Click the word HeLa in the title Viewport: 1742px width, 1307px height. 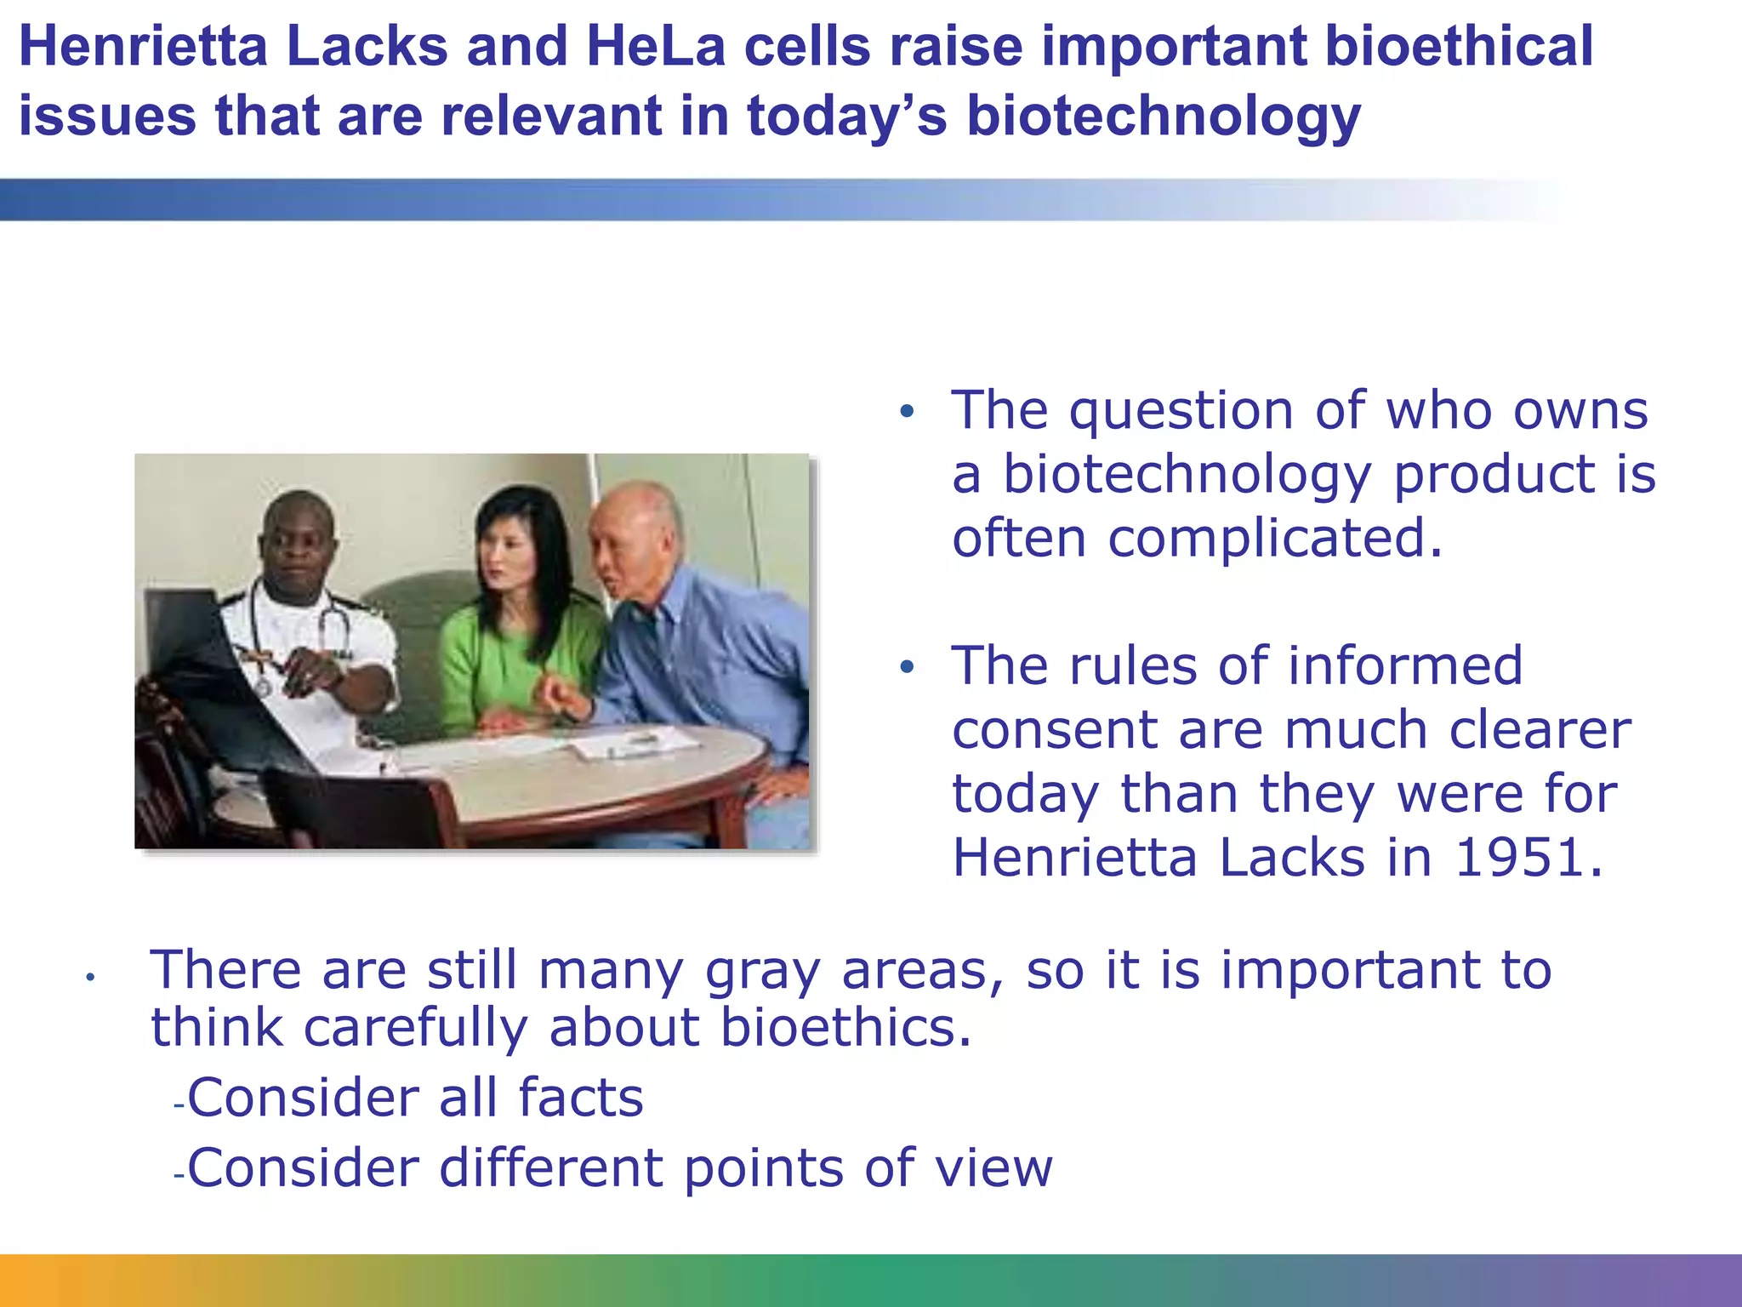655,47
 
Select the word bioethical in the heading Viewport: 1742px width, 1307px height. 1458,47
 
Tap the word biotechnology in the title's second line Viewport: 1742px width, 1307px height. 1164,117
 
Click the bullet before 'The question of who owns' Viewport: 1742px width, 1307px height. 908,413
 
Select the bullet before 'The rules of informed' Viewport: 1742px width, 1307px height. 908,667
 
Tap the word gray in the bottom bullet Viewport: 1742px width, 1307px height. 762,972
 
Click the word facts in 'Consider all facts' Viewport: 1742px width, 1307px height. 580,1098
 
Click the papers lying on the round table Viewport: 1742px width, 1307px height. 629,745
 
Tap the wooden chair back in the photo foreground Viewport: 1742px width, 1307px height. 357,808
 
